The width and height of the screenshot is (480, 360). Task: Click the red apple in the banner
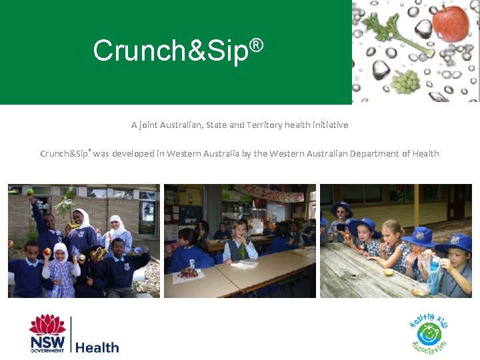451,23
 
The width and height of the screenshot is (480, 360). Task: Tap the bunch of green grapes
405,81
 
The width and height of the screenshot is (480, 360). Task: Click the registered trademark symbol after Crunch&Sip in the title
257,45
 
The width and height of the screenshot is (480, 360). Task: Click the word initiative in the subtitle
326,125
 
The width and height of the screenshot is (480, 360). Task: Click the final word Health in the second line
425,154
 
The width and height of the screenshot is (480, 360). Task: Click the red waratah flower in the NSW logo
48,325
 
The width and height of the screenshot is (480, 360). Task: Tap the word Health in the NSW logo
97,347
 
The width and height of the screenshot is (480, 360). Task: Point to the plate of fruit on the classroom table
190,272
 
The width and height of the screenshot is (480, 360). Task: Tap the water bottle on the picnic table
434,275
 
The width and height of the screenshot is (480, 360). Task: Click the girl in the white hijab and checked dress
61,267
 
